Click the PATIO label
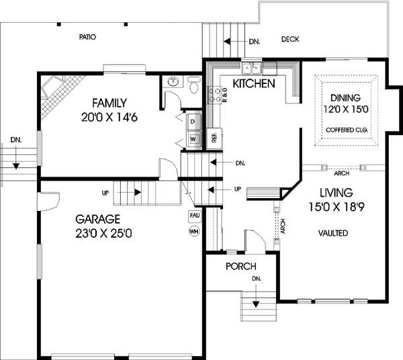point(87,37)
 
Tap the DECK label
point(290,39)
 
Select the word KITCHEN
point(253,84)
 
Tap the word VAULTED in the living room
point(333,233)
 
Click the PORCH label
point(240,267)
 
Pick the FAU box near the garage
point(195,216)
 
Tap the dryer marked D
point(193,122)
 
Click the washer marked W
point(193,139)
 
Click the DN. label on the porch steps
point(255,278)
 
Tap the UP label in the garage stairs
point(105,193)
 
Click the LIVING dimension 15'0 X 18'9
point(333,206)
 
